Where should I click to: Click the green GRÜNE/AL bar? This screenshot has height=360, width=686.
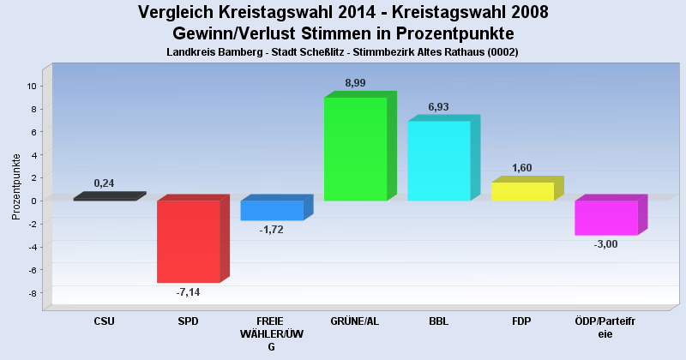tap(355, 148)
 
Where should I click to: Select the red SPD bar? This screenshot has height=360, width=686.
tap(188, 241)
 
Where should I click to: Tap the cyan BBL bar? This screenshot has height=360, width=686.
tap(438, 160)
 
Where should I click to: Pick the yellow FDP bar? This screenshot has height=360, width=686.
tap(522, 191)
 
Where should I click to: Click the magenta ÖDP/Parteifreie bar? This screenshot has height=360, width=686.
tap(605, 217)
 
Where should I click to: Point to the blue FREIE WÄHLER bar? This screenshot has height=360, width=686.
tap(272, 210)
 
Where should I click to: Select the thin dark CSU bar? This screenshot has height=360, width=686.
tap(105, 198)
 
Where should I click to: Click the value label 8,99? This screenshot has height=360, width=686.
tap(355, 82)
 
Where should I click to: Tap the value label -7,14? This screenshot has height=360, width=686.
tap(188, 292)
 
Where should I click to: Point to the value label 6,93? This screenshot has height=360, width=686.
tap(439, 106)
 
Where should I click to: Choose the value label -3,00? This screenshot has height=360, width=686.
tap(605, 244)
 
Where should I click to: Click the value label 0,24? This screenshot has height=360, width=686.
tap(104, 183)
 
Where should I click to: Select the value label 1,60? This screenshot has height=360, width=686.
tap(522, 167)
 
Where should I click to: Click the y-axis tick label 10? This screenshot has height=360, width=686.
tap(30, 86)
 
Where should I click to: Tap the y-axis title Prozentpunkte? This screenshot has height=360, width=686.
tap(16, 187)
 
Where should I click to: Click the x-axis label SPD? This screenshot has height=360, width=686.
tap(188, 321)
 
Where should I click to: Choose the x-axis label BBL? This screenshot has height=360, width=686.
tap(439, 321)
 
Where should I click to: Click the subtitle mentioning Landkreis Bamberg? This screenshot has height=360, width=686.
tap(342, 52)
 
